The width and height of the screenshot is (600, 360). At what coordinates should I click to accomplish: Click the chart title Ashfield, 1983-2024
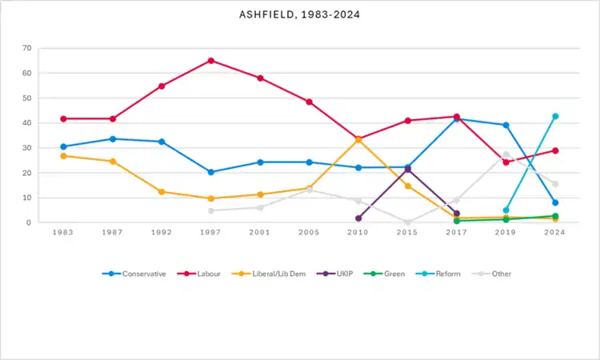(299, 14)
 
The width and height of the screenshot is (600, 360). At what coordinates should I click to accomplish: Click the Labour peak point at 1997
(211, 61)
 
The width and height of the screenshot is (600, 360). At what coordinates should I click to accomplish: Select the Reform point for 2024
(555, 116)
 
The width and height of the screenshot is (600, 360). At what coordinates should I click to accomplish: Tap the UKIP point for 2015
(407, 169)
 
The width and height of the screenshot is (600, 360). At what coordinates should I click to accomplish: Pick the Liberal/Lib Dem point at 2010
(358, 139)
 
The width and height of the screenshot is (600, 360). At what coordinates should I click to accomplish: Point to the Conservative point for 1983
(63, 146)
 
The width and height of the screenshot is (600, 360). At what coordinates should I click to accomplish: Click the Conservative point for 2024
(555, 202)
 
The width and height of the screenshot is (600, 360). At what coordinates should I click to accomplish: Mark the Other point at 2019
(506, 154)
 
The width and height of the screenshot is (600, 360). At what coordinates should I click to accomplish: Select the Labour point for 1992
(162, 86)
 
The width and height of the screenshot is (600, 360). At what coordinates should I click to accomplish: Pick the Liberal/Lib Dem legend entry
(272, 274)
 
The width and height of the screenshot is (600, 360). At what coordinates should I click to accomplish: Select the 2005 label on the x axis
(309, 233)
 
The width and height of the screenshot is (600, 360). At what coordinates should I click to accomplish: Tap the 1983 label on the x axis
(63, 233)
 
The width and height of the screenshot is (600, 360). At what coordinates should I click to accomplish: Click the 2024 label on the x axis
(555, 233)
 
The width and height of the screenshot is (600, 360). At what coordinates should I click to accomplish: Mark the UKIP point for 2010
(358, 218)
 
